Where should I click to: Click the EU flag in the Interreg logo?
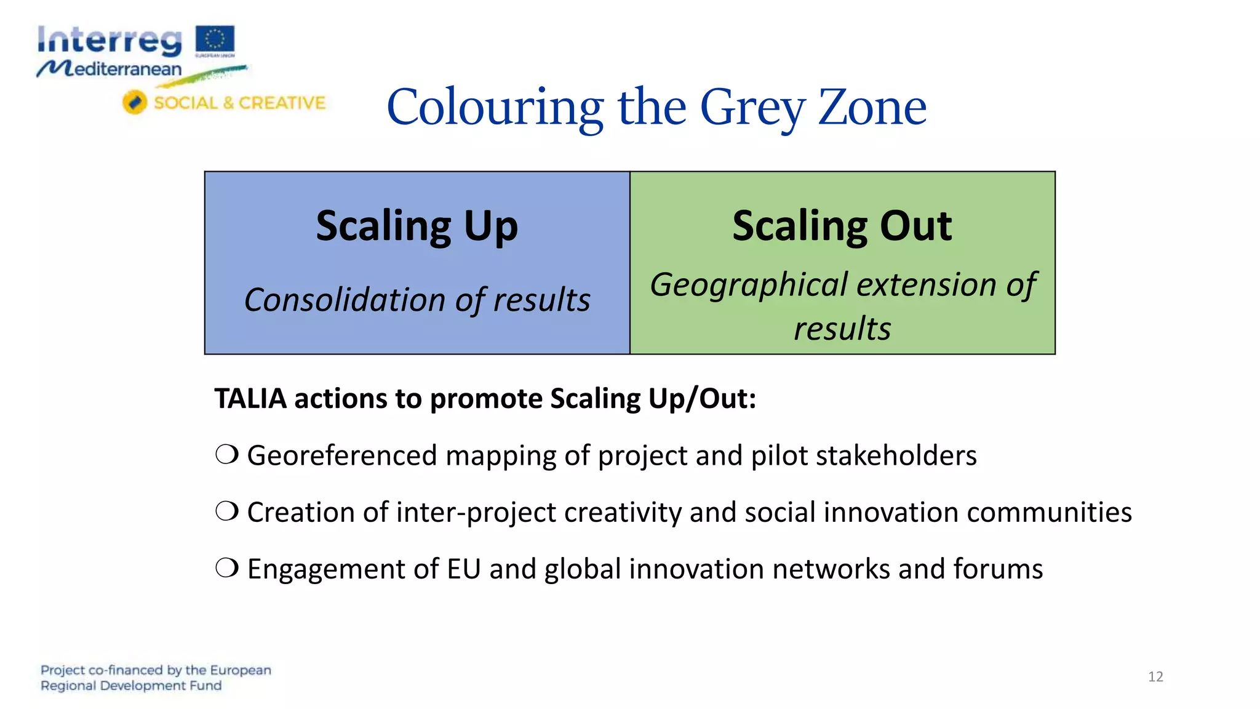click(215, 39)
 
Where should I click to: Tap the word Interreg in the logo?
click(110, 41)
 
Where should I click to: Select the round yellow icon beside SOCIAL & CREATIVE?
click(134, 102)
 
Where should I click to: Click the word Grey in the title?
click(752, 108)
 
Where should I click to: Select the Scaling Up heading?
click(417, 226)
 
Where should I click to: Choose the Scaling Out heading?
click(842, 226)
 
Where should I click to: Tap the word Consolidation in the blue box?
click(345, 300)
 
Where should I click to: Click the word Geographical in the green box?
click(749, 285)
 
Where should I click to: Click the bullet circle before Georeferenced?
click(227, 455)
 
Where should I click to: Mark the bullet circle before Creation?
click(227, 511)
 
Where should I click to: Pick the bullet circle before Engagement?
click(227, 568)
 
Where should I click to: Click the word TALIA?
click(250, 398)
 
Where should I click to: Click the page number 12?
click(1155, 677)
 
